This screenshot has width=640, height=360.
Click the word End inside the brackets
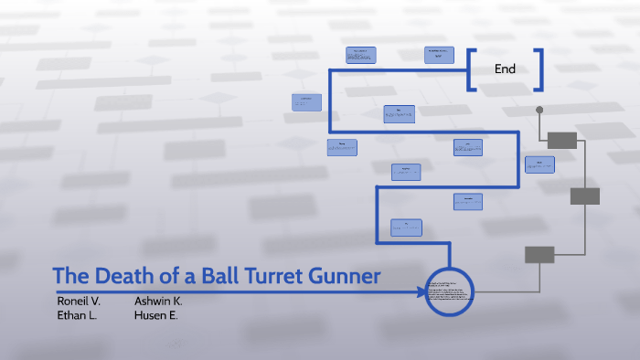click(x=505, y=69)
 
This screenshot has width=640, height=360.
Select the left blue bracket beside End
click(x=472, y=69)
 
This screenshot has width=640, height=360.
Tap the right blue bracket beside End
click(x=539, y=69)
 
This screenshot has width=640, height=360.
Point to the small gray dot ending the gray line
click(x=539, y=110)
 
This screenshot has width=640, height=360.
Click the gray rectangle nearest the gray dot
click(x=562, y=140)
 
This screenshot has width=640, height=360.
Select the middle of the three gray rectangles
click(x=584, y=196)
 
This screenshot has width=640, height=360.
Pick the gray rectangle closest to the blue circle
click(x=539, y=255)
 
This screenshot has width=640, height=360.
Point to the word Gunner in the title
click(x=343, y=276)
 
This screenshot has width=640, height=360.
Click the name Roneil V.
click(x=79, y=301)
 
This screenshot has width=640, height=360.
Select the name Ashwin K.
click(x=158, y=301)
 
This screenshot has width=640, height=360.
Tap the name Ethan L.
click(x=77, y=315)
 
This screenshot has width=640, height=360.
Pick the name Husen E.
click(x=156, y=315)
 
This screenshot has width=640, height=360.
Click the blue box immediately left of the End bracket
click(x=439, y=55)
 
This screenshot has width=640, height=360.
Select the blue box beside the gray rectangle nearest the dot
click(x=539, y=164)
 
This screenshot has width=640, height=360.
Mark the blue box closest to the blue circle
click(x=406, y=228)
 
